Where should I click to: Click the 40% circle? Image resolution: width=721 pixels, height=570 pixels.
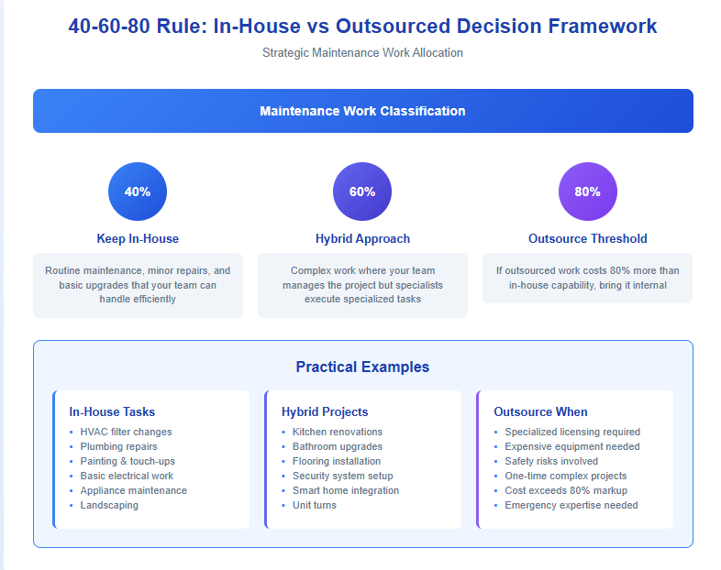click(x=138, y=192)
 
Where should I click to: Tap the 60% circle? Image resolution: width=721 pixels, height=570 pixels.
click(x=362, y=192)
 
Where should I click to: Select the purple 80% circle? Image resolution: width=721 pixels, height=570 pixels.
click(x=588, y=192)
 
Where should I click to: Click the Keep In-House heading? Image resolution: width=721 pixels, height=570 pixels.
click(x=138, y=239)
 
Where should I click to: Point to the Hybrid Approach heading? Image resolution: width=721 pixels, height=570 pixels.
click(x=362, y=239)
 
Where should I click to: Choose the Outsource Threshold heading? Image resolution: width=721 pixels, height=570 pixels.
click(x=588, y=239)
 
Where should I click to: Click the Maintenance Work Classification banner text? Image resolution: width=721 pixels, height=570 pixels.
click(x=362, y=111)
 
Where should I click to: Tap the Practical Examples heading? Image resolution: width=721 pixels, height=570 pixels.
click(x=362, y=367)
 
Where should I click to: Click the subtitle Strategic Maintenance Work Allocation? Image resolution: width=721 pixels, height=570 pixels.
click(x=362, y=53)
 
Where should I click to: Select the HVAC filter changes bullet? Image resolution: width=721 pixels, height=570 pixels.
click(x=126, y=432)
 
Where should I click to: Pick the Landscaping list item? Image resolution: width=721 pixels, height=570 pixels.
click(x=109, y=505)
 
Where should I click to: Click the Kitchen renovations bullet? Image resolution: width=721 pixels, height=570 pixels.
click(x=338, y=432)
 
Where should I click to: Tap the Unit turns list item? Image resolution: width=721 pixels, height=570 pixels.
click(x=315, y=505)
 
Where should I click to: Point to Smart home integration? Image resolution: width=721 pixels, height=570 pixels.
click(x=346, y=490)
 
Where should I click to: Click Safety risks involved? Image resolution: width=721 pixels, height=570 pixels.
click(x=551, y=461)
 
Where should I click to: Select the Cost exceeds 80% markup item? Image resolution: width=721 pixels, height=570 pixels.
click(x=566, y=490)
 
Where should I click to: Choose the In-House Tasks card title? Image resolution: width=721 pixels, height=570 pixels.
click(x=112, y=412)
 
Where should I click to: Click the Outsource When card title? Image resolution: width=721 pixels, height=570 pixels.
click(x=541, y=412)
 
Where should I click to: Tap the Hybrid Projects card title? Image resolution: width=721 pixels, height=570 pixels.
click(x=325, y=412)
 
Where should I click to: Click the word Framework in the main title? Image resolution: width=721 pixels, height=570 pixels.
click(x=603, y=27)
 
